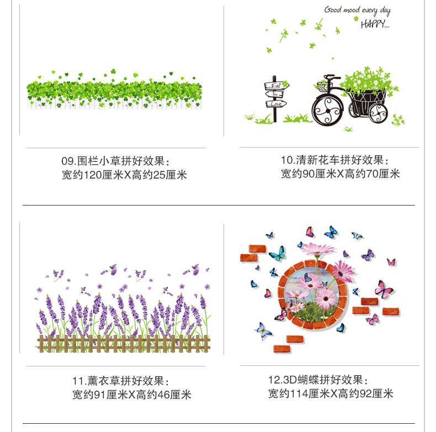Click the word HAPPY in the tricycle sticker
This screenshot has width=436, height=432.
click(375, 24)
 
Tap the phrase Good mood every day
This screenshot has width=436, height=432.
click(357, 10)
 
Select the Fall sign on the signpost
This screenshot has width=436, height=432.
click(277, 86)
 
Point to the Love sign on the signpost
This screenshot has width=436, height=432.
click(277, 104)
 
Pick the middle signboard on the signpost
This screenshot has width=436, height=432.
click(275, 95)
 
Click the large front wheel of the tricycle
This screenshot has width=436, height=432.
click(328, 107)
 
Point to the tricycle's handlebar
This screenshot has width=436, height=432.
click(326, 80)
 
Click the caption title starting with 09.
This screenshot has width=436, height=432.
click(116, 161)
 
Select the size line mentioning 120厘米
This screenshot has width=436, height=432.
click(124, 175)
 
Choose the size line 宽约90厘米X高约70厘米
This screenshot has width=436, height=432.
click(341, 174)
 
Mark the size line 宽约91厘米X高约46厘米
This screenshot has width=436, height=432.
click(132, 395)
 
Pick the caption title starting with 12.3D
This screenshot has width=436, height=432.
click(318, 380)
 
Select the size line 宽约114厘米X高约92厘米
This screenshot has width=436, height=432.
click(331, 393)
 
